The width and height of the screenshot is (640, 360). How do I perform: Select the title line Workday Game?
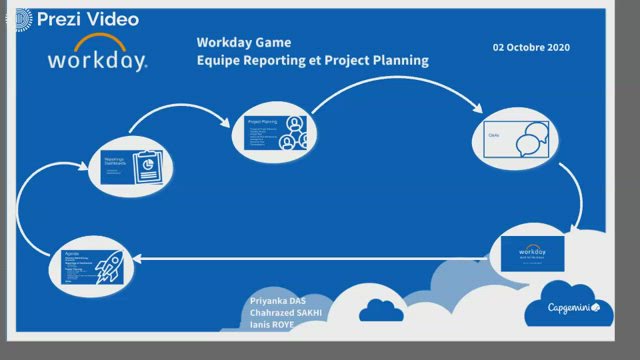tap(243, 43)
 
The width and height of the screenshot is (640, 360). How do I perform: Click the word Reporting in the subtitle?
tap(276, 60)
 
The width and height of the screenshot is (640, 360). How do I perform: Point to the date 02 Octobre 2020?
tap(531, 47)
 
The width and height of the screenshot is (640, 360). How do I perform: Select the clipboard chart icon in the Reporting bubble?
tap(147, 166)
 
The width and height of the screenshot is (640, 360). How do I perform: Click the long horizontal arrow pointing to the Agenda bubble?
tap(300, 257)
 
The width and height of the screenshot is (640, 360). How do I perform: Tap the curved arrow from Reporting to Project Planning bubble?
tap(180, 113)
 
